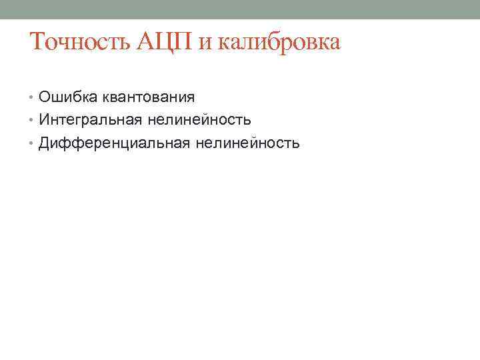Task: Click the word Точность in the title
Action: click(x=81, y=43)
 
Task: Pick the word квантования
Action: click(x=147, y=97)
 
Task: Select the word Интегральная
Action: click(x=87, y=120)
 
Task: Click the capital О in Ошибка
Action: click(x=45, y=97)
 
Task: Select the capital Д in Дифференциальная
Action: click(x=45, y=143)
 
